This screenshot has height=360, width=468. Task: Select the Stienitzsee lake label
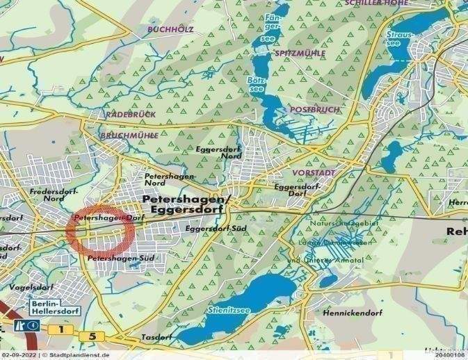(x=227, y=308)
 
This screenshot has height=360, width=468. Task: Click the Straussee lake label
(x=404, y=35)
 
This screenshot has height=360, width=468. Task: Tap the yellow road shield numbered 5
(x=93, y=336)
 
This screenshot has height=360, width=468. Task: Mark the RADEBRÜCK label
(x=127, y=113)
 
